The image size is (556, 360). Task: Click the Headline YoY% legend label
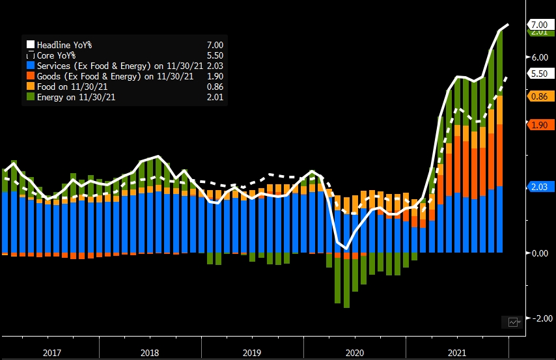click(64, 45)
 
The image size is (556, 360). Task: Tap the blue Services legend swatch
click(30, 66)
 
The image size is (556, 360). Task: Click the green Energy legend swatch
click(30, 97)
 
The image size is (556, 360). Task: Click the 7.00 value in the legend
click(215, 45)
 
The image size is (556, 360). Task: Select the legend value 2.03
click(215, 66)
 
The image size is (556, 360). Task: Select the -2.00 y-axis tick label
click(540, 318)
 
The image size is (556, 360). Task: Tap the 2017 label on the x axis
click(53, 352)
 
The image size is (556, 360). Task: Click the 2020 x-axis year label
click(355, 352)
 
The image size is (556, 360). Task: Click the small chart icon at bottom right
click(514, 322)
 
